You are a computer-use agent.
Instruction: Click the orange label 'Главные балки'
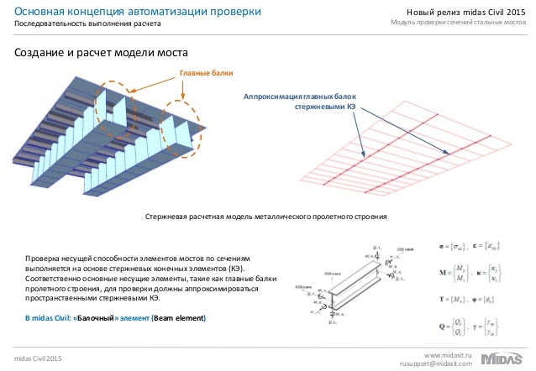click(206, 73)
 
